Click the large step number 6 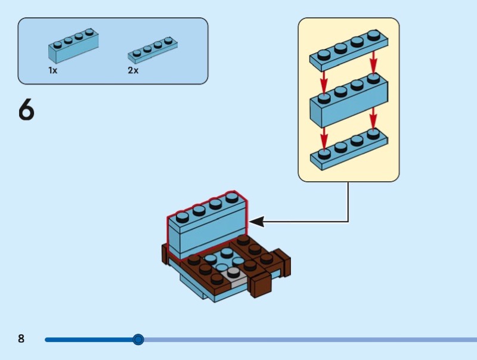pos(26,110)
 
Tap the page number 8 pos(21,339)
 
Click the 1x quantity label pos(53,70)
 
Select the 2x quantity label pos(132,70)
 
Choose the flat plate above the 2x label pos(152,51)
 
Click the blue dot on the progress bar pos(138,340)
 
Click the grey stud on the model pos(233,272)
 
